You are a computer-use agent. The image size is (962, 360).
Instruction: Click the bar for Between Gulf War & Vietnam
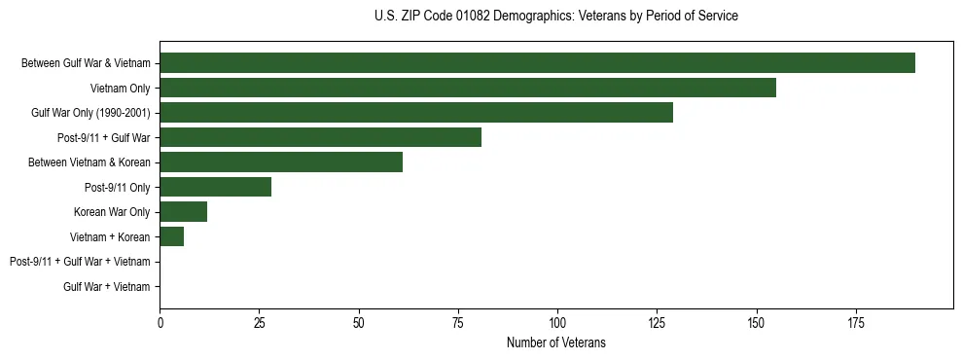pos(537,63)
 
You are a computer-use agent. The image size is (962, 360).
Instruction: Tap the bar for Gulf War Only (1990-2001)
pos(416,113)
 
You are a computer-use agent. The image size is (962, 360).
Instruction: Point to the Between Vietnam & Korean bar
pos(281,162)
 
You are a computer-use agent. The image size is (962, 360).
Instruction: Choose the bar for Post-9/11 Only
pos(216,187)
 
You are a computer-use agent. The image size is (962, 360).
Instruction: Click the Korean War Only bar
pos(184,212)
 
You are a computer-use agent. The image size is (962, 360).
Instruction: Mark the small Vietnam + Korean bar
pos(172,236)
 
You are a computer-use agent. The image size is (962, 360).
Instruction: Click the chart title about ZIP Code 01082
pos(555,17)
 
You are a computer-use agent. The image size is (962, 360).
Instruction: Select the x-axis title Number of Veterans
pos(555,342)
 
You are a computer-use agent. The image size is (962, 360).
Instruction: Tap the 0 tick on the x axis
pos(160,322)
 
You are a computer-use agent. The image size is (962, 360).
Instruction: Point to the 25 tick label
pos(260,322)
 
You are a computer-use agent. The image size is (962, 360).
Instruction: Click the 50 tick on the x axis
pos(359,322)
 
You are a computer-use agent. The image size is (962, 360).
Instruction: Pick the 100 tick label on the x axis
pos(557,322)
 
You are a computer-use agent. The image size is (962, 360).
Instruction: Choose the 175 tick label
pos(856,322)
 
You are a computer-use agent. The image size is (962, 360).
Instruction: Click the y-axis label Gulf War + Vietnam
pos(107,286)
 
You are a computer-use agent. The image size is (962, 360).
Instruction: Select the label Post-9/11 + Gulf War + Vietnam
pos(80,262)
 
